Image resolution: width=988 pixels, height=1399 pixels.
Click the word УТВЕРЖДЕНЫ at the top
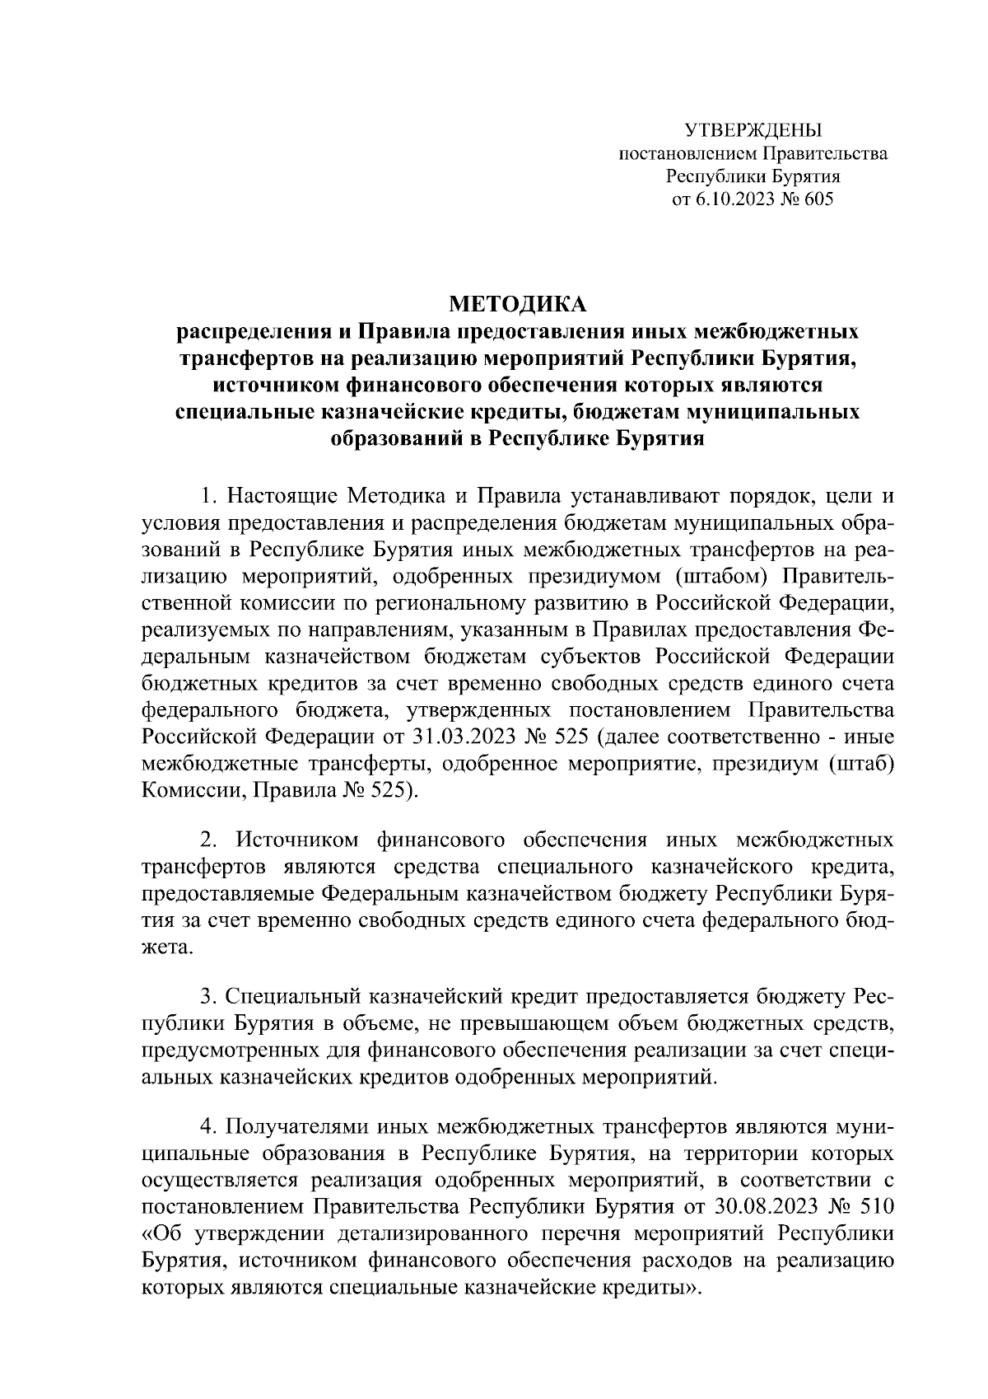pyautogui.click(x=753, y=130)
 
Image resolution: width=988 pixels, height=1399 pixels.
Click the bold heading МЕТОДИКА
pyautogui.click(x=517, y=305)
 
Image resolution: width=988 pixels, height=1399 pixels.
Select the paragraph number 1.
pyautogui.click(x=208, y=498)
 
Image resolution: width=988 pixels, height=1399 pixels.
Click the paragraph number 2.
pyautogui.click(x=208, y=841)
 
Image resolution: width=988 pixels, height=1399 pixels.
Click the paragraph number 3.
pyautogui.click(x=208, y=999)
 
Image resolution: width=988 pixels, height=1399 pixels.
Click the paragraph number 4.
pyautogui.click(x=208, y=1128)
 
